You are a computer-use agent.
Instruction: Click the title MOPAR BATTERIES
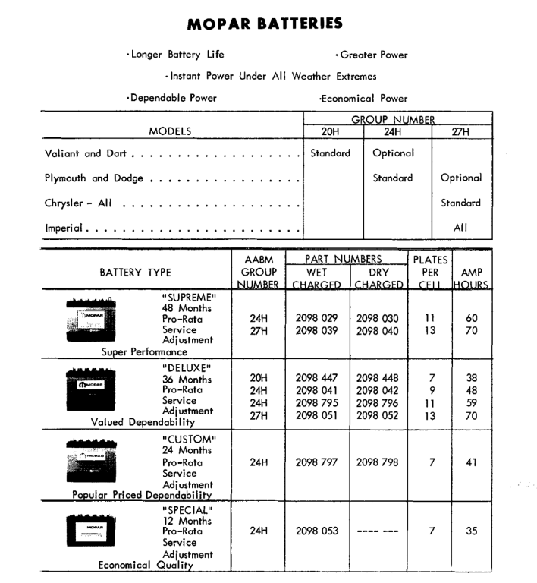pyautogui.click(x=264, y=24)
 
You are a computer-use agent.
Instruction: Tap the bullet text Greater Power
pyautogui.click(x=371, y=55)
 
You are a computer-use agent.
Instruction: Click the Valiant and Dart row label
pyautogui.click(x=84, y=153)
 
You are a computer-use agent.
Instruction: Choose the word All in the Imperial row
pyautogui.click(x=460, y=227)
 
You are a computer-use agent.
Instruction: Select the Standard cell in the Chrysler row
pyautogui.click(x=461, y=203)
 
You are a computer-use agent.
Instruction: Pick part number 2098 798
pyautogui.click(x=379, y=462)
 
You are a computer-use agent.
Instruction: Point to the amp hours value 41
pyautogui.click(x=471, y=462)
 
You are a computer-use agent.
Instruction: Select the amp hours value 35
pyautogui.click(x=471, y=531)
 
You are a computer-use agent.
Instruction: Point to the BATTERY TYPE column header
pyautogui.click(x=135, y=272)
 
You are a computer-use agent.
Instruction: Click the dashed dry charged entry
pyautogui.click(x=379, y=531)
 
